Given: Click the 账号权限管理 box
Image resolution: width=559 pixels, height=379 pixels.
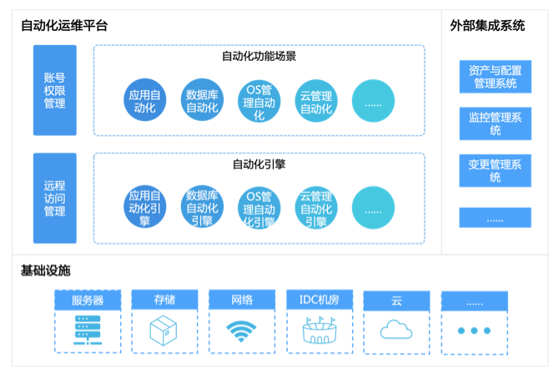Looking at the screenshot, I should [54, 90].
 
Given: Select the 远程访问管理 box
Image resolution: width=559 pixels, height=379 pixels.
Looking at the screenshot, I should [54, 198].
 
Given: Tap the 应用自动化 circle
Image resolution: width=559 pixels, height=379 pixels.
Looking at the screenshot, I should [145, 100].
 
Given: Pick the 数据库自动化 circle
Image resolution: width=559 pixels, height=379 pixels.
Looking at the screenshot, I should [202, 100].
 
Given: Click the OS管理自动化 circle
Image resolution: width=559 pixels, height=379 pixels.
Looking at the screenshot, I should [259, 100].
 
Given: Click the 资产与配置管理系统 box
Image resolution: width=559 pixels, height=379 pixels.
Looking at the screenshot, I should [495, 76].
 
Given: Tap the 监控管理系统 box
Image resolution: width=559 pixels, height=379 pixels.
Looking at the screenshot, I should [495, 124].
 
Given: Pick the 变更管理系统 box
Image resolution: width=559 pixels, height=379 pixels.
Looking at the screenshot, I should [495, 171].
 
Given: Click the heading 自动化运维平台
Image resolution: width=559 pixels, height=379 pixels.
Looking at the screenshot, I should [64, 26].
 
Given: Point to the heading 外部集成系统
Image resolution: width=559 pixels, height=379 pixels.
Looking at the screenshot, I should [487, 26].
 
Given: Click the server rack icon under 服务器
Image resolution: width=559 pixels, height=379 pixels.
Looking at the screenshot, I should [87, 331].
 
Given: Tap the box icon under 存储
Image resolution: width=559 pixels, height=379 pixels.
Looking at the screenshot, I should [164, 331].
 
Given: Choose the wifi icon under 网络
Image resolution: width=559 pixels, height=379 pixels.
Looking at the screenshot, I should [242, 331].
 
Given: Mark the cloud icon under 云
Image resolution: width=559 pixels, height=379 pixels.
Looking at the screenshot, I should [396, 331].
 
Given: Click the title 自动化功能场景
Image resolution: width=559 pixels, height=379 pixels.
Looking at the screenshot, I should [259, 57].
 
